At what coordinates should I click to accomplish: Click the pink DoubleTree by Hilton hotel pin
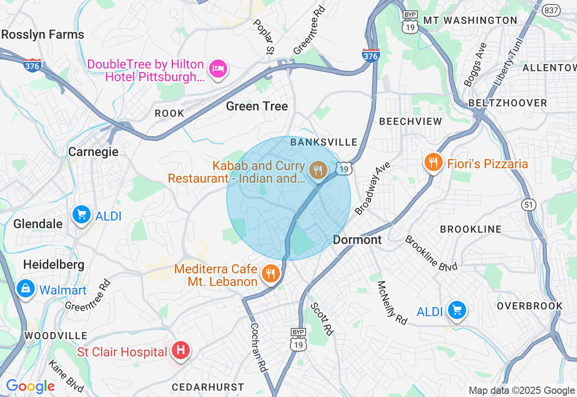pos(218,69)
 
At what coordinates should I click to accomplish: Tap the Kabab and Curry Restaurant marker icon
pos(318,170)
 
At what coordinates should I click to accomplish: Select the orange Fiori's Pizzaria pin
pos(433,163)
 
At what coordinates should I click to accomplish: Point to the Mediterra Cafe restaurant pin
pos(270,274)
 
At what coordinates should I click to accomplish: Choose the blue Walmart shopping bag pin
pos(26,288)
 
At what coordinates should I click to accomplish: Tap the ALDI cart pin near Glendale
pos(82,215)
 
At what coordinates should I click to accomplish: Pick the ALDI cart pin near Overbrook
pos(457,310)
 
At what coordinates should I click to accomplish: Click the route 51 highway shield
pos(529,205)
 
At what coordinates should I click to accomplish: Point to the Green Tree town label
pos(256,106)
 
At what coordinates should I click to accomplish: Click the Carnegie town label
pos(93,152)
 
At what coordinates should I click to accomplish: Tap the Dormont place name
pos(357,240)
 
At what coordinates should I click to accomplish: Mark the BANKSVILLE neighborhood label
pos(324,143)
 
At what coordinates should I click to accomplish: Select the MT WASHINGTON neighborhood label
pos(470,20)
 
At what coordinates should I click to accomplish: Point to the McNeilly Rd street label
pos(392,303)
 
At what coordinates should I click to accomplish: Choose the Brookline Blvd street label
pos(431,253)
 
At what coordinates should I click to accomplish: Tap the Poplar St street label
pos(264,36)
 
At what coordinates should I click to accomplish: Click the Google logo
pos(30,387)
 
